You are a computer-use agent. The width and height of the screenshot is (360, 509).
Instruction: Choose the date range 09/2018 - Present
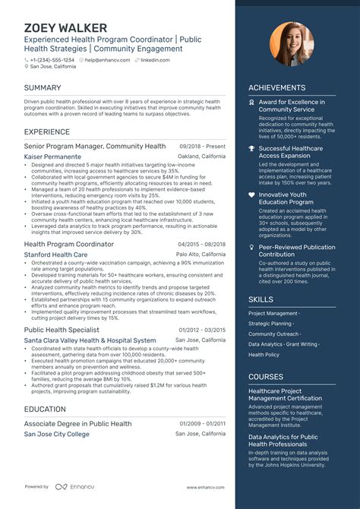(x=202, y=146)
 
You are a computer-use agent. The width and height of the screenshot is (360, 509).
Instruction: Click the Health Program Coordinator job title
(x=69, y=244)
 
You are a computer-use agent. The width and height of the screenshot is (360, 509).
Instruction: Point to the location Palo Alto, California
(x=201, y=254)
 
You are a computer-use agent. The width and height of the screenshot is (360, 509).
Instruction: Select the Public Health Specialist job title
(x=62, y=330)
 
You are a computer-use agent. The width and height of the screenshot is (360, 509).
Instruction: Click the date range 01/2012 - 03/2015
(x=202, y=330)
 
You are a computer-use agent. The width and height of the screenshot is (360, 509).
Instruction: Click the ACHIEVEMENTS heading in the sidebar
(x=277, y=88)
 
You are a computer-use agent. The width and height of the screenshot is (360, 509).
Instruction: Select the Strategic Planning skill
(x=270, y=324)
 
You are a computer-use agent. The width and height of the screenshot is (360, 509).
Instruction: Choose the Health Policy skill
(x=264, y=355)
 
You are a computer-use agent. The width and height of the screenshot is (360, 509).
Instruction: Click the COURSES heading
(x=266, y=377)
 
